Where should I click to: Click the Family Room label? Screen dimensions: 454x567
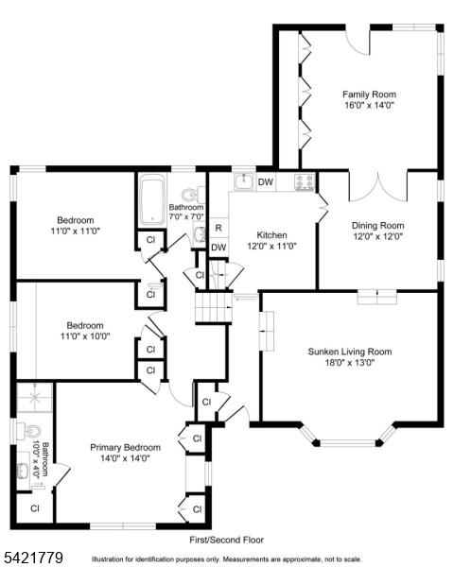(369, 94)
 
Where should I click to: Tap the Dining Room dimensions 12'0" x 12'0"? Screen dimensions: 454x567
(378, 236)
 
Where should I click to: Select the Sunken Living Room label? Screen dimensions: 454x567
(350, 352)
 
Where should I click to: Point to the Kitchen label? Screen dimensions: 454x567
(271, 235)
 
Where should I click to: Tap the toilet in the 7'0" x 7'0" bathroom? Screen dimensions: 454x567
(191, 195)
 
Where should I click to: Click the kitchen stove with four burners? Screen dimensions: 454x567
(305, 182)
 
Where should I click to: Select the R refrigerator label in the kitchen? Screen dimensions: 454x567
(218, 228)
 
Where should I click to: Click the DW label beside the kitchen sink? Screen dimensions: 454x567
(266, 181)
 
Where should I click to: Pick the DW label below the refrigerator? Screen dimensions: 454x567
(218, 248)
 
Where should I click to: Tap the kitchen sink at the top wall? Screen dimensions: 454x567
(244, 181)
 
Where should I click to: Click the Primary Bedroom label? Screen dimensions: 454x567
(125, 447)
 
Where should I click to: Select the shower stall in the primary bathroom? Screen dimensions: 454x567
(35, 398)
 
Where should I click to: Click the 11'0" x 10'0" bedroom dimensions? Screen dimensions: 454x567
(85, 336)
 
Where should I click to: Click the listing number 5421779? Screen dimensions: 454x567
(32, 557)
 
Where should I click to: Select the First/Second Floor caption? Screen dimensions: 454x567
(227, 540)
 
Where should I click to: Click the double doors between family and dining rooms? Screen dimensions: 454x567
(378, 187)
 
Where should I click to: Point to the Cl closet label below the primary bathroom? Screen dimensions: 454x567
(35, 508)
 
